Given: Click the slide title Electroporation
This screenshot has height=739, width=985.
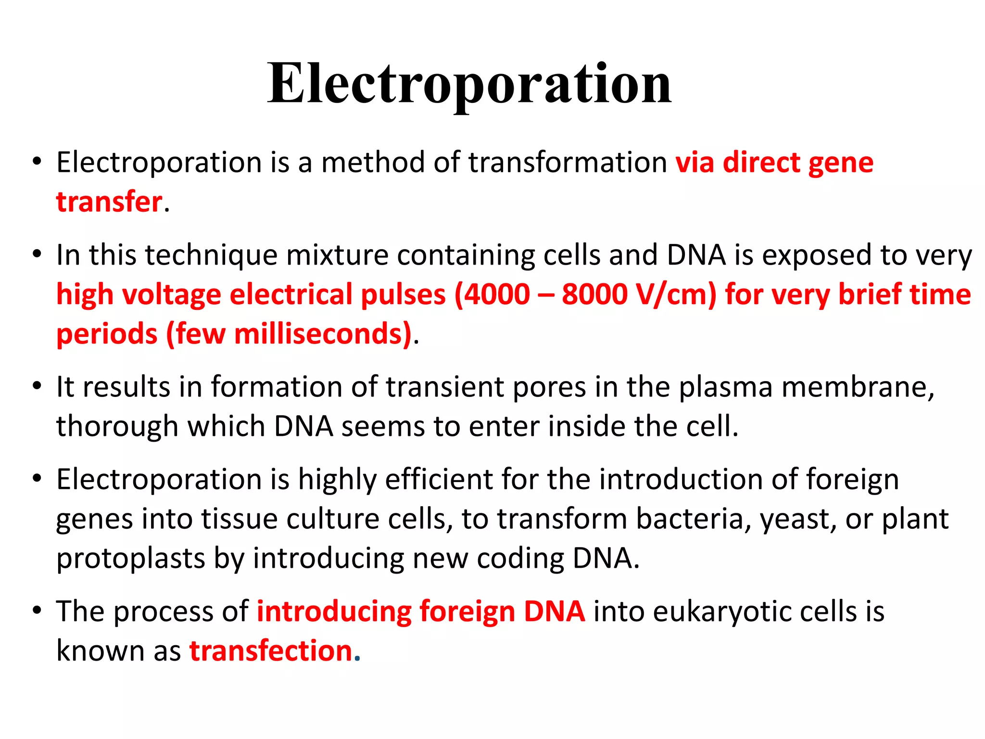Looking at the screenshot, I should (469, 84).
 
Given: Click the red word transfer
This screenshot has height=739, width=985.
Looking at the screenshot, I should (109, 202).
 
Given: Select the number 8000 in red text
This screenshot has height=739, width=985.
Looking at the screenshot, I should (594, 294).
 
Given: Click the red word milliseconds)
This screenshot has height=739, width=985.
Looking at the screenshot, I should (323, 334).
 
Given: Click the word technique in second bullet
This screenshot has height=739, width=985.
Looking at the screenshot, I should (211, 255).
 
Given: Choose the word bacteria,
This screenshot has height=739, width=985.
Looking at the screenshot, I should (694, 520).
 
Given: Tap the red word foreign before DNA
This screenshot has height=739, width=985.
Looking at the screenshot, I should (467, 612).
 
